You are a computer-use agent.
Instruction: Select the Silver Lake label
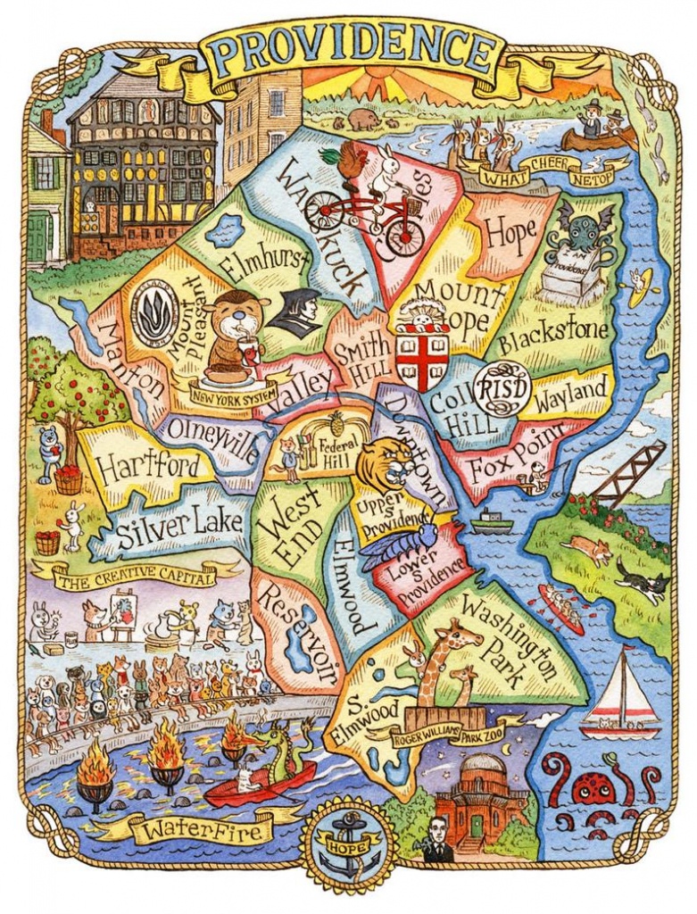[x=181, y=522]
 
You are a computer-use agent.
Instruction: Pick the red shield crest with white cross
[x=421, y=360]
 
